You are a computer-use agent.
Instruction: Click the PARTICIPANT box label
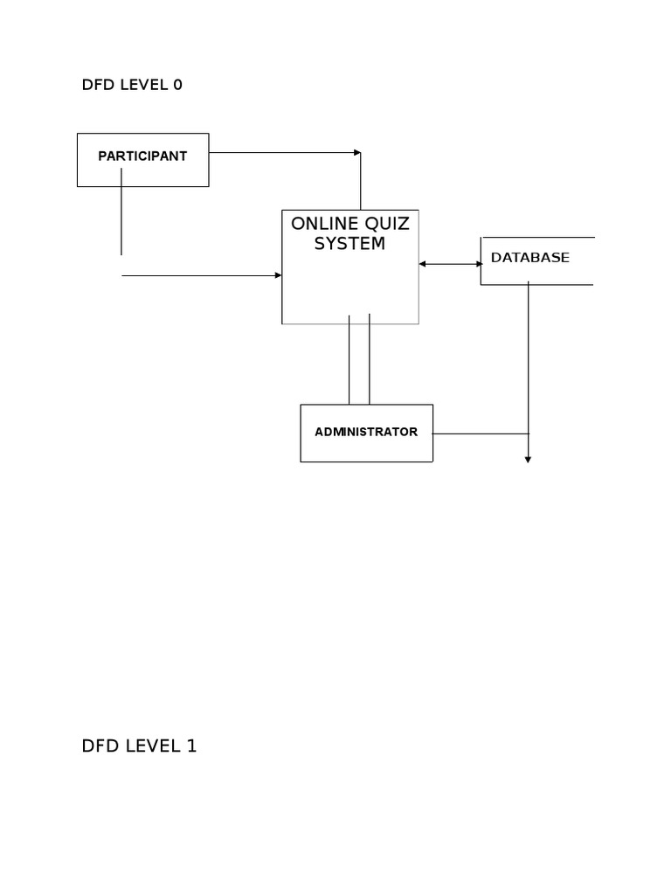click(142, 156)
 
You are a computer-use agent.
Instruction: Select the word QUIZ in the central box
click(386, 224)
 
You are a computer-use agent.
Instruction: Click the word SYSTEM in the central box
click(349, 244)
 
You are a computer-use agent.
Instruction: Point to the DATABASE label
click(529, 258)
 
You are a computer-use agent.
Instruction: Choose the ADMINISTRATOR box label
click(366, 432)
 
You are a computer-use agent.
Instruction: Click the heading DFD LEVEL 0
click(132, 85)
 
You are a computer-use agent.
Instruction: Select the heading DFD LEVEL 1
click(139, 746)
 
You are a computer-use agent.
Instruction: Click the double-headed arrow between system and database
click(450, 263)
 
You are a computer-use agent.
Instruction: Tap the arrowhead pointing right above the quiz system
click(357, 153)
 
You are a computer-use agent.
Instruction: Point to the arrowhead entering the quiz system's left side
click(278, 275)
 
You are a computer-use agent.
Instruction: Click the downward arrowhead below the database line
click(528, 458)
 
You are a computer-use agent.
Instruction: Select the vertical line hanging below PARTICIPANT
click(121, 219)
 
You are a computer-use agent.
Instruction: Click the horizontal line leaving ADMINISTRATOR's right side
click(481, 434)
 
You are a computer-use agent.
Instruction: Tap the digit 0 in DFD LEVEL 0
click(177, 85)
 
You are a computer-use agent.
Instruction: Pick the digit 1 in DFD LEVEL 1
click(191, 746)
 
